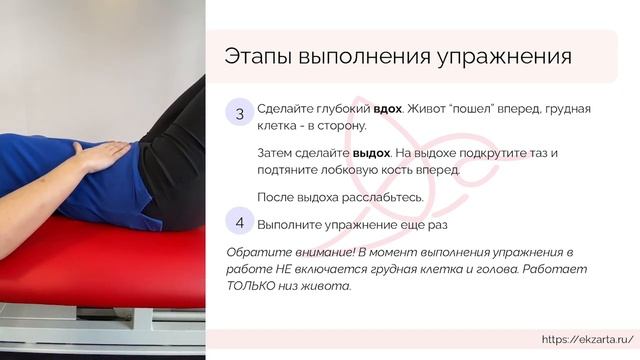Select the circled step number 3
pyautogui.click(x=240, y=114)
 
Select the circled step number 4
pyautogui.click(x=240, y=221)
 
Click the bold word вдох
pyautogui.click(x=388, y=108)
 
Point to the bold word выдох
pyautogui.click(x=371, y=153)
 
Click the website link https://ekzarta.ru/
pyautogui.click(x=586, y=340)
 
